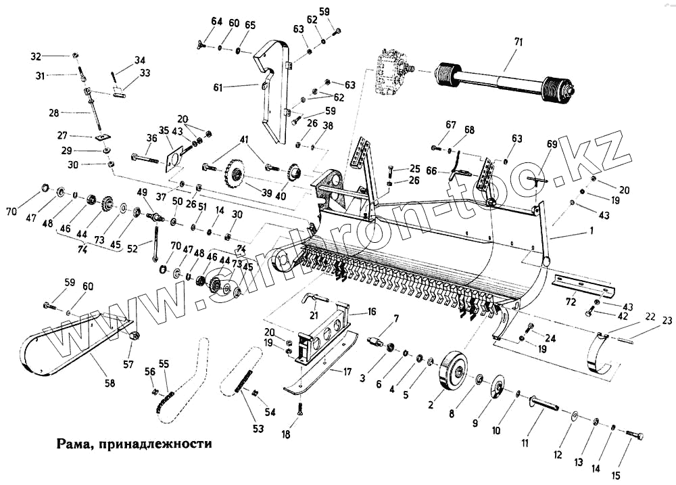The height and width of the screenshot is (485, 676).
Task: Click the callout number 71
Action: pyautogui.click(x=518, y=43)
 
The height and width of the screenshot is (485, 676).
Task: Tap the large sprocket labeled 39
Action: pyautogui.click(x=236, y=175)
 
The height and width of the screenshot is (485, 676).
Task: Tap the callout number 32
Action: pyautogui.click(x=55, y=55)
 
